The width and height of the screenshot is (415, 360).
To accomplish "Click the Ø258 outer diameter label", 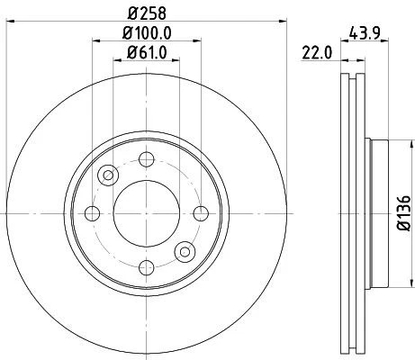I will (x=146, y=13).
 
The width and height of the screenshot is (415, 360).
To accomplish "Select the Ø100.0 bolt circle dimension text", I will (x=147, y=35).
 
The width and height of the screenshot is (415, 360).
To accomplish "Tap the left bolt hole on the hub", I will (x=92, y=213).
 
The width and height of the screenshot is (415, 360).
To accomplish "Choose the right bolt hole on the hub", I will (x=200, y=213).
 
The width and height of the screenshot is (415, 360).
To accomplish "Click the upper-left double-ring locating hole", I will (x=108, y=175).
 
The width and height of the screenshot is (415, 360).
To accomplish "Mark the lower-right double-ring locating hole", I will (x=185, y=251).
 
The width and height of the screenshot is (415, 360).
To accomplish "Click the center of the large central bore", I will (x=146, y=213).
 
